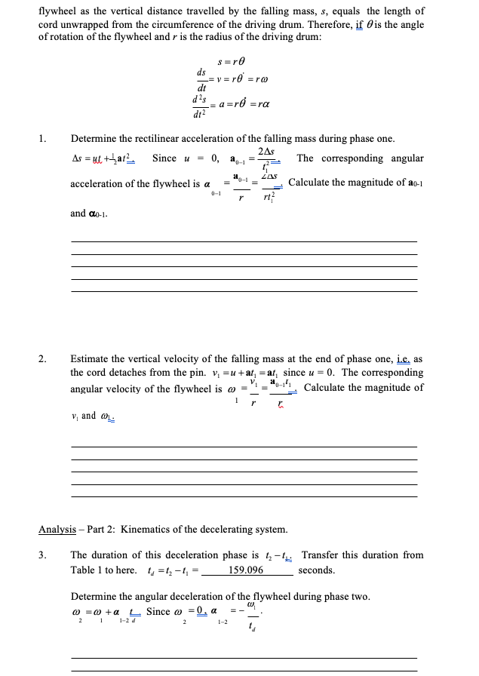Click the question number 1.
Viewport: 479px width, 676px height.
click(x=42, y=139)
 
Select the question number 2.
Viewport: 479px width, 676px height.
click(x=42, y=359)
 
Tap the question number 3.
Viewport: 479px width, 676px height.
click(x=42, y=555)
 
